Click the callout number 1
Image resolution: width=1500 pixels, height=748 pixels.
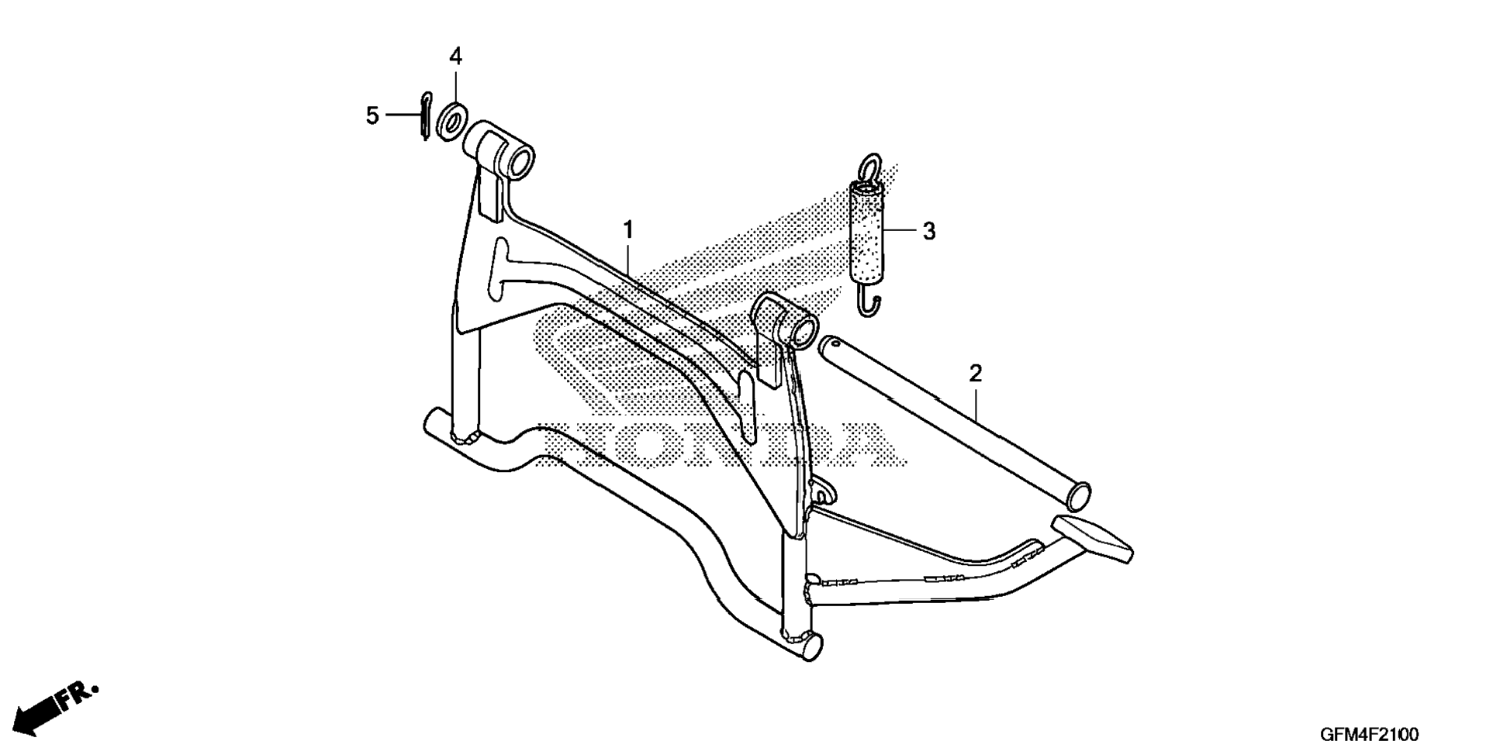(628, 230)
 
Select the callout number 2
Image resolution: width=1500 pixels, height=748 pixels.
(976, 374)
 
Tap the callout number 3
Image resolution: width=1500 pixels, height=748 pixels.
(929, 231)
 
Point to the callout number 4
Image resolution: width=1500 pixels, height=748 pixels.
(455, 56)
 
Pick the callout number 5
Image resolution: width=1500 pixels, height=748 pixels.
(373, 115)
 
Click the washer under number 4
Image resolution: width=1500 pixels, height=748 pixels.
(451, 120)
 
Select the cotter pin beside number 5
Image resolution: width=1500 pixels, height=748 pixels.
(424, 116)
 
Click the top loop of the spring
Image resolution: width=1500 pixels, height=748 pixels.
(870, 166)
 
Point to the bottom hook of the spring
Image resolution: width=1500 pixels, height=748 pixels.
(872, 302)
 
